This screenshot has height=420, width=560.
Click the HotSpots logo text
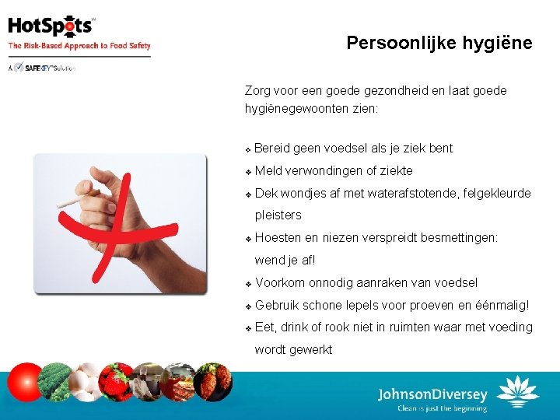click(x=51, y=26)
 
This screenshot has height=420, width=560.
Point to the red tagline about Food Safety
click(x=79, y=46)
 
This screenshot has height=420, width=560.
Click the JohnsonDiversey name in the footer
click(x=432, y=394)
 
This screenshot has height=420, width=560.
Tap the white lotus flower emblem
click(x=517, y=392)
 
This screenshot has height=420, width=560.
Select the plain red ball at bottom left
click(x=23, y=383)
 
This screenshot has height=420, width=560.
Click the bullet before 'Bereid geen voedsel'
click(x=247, y=149)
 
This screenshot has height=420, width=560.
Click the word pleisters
click(x=278, y=215)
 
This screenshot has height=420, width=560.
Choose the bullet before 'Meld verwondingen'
click(x=247, y=171)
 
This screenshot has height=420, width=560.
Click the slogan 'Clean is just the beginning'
click(x=442, y=408)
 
